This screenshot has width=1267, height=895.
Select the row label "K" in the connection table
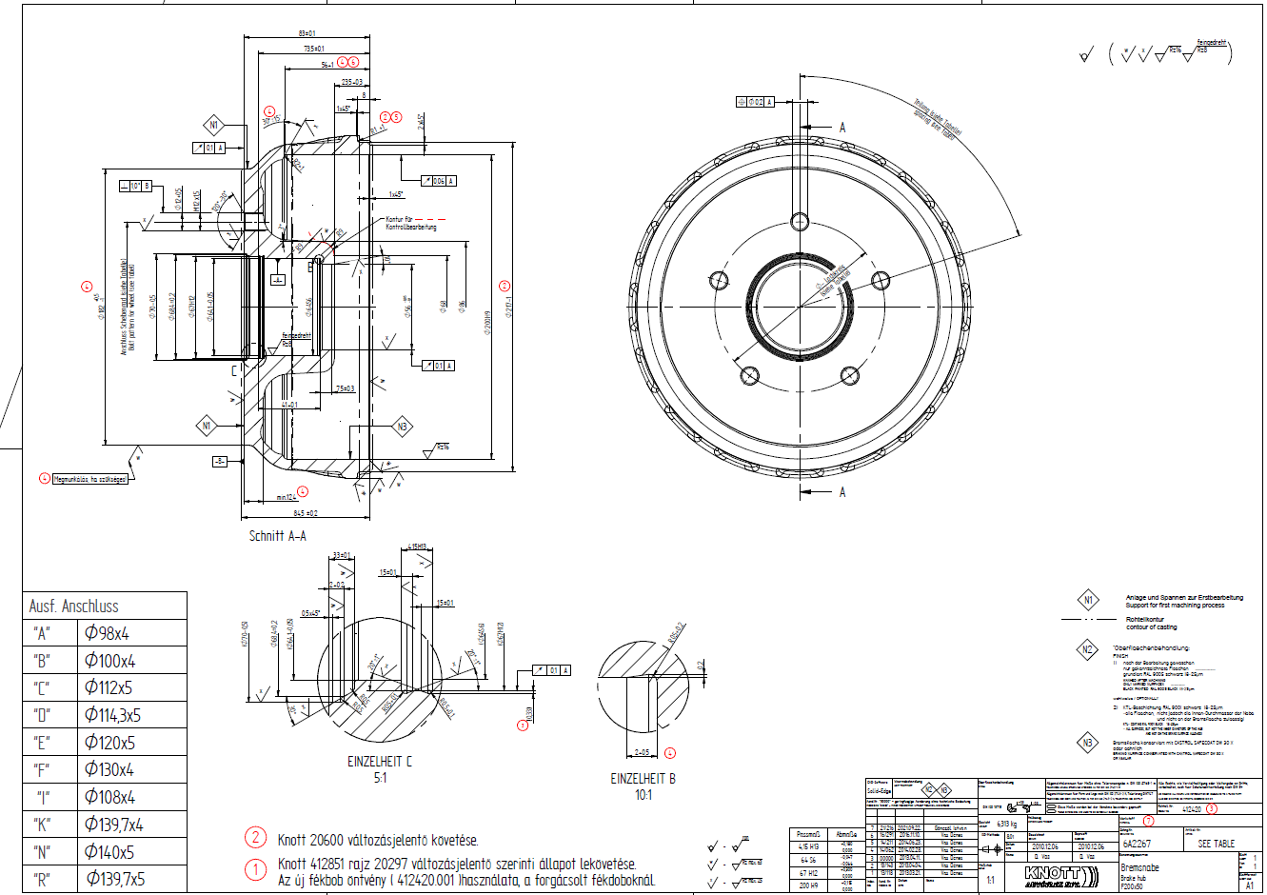click(x=40, y=825)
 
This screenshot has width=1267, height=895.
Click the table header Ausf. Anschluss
click(x=73, y=606)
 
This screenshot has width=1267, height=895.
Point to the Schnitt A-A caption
click(x=277, y=536)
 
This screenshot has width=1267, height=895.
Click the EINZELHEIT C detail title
click(x=380, y=762)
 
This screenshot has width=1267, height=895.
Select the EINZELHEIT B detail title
click(x=643, y=778)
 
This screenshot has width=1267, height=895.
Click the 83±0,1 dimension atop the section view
click(x=307, y=33)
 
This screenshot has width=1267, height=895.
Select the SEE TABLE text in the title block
click(x=1216, y=844)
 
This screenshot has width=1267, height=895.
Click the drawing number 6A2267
click(x=1136, y=844)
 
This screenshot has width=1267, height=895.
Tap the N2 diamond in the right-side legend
click(x=1087, y=650)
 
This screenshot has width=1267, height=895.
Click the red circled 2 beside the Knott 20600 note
click(x=256, y=838)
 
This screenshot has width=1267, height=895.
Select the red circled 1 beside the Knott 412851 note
click(x=256, y=870)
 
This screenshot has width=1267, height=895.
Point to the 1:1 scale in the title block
click(x=991, y=881)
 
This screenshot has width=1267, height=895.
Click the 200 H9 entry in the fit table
click(x=808, y=885)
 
